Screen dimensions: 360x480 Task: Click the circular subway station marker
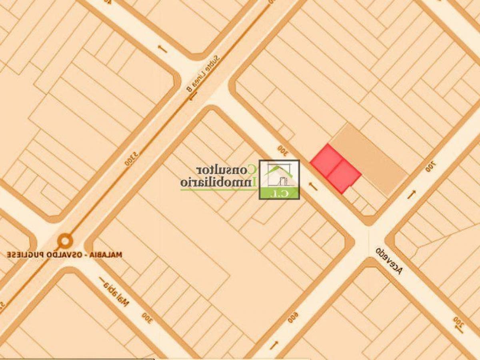(65, 241)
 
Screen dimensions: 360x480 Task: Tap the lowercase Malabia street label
(116, 294)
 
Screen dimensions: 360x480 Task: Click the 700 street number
(431, 166)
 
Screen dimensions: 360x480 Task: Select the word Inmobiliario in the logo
(218, 182)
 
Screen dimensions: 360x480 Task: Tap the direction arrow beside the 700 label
(412, 194)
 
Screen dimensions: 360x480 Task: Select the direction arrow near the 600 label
(274, 344)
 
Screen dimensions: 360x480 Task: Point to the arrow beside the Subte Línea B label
(193, 96)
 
